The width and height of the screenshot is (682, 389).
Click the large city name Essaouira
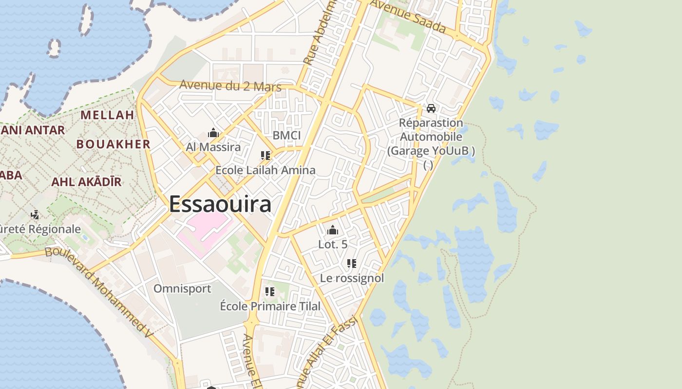(220, 204)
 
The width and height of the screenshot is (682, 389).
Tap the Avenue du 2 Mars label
(230, 86)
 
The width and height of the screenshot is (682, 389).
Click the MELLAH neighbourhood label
(107, 115)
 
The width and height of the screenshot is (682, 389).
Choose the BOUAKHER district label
(114, 144)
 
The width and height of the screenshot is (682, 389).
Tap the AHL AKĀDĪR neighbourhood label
(86, 182)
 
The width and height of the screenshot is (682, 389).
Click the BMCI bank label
(286, 135)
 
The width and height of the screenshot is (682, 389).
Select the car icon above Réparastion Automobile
(431, 108)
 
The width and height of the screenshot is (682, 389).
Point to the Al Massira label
(213, 147)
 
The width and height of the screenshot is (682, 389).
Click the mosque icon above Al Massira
(213, 133)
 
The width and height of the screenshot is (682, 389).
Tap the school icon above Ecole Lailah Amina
(265, 156)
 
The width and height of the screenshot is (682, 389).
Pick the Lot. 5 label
(333, 244)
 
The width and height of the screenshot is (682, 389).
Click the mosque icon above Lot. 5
(333, 230)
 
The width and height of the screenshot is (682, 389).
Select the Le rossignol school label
(352, 278)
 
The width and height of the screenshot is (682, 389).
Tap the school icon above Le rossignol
(352, 264)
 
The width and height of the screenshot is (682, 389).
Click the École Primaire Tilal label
(270, 306)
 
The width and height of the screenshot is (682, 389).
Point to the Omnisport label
(182, 289)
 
